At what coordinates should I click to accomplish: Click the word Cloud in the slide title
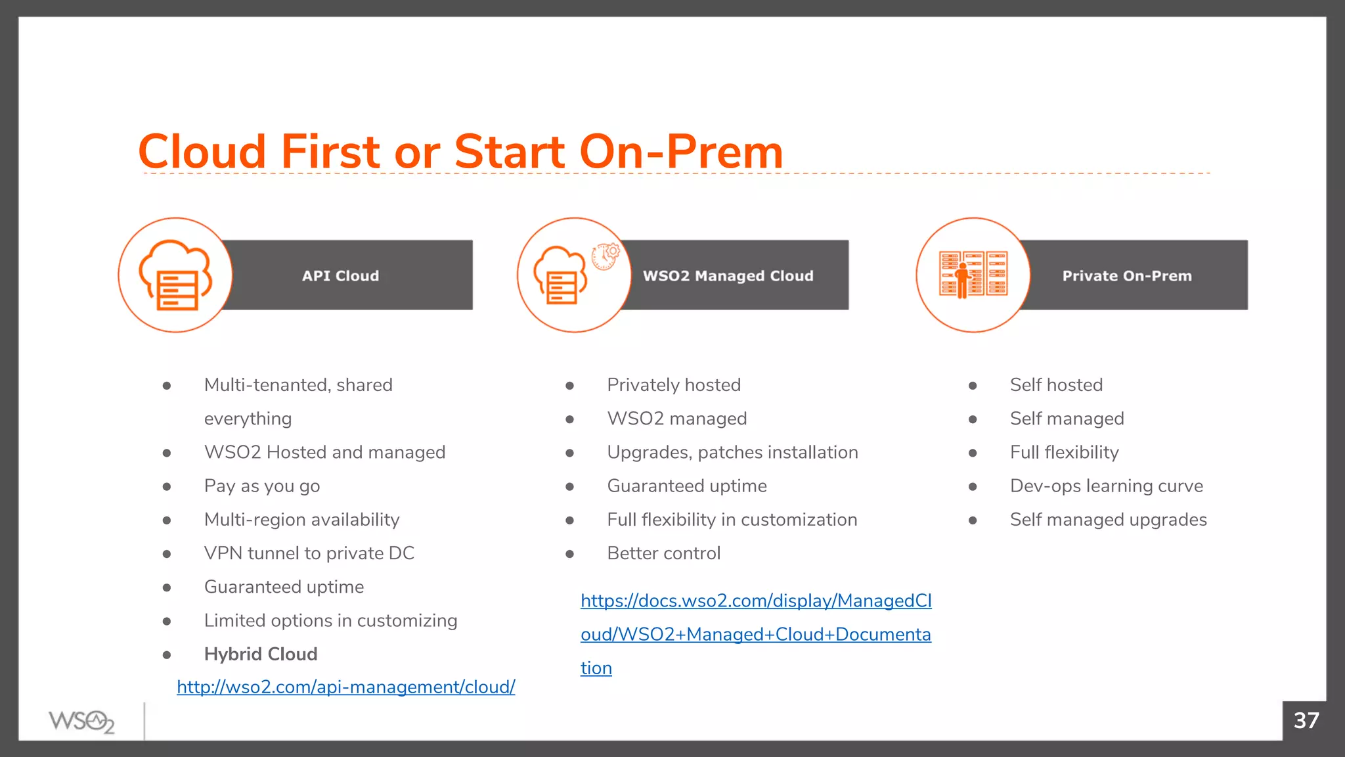[202, 152]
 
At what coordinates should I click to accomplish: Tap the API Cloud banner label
[340, 276]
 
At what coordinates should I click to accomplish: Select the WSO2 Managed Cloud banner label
[728, 276]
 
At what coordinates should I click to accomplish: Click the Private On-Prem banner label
[1126, 276]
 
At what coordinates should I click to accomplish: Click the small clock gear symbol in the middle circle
[606, 256]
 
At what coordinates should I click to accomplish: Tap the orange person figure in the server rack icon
[963, 281]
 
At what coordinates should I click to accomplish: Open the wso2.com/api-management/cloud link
[345, 687]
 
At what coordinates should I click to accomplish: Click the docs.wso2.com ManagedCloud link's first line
[756, 601]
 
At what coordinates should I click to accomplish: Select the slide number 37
[1306, 721]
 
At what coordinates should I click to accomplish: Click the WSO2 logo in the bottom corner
[81, 722]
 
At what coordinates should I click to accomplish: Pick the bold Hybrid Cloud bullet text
[261, 654]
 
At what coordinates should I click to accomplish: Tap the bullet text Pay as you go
[262, 486]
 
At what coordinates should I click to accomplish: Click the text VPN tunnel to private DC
[309, 553]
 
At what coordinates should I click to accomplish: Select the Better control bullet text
[663, 553]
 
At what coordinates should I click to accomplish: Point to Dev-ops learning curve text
[1106, 486]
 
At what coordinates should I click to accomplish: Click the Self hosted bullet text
[1056, 385]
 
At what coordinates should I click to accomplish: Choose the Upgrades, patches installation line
[732, 453]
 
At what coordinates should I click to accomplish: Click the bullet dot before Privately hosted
[569, 386]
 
